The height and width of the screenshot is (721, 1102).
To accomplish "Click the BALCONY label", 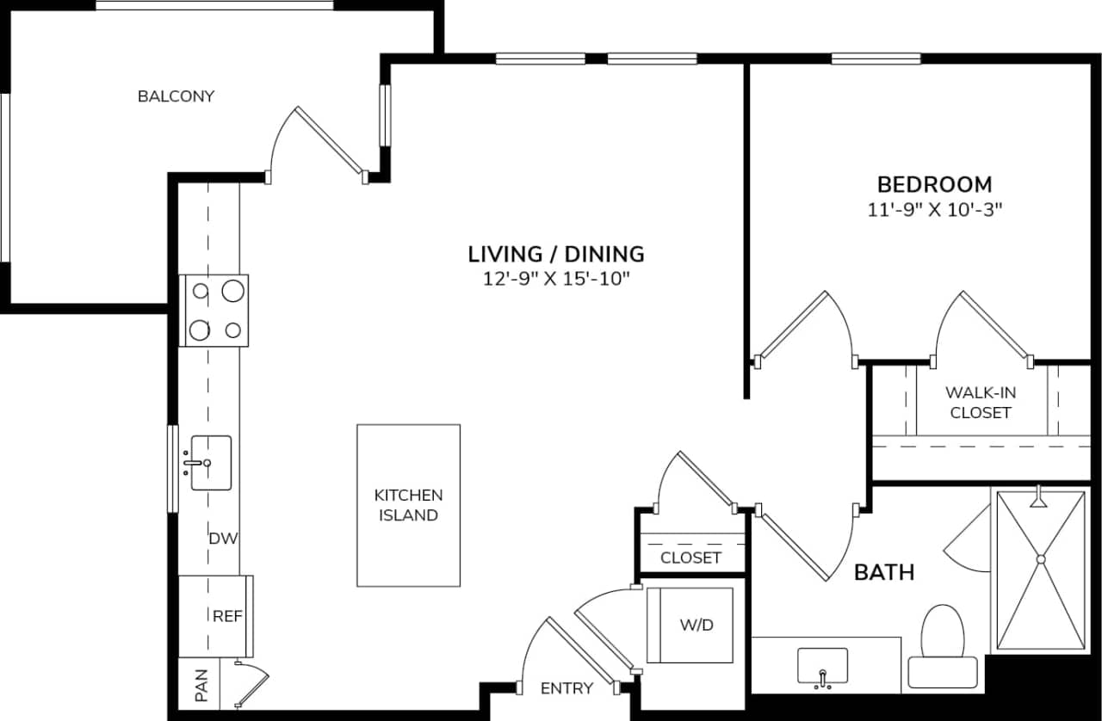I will pyautogui.click(x=176, y=96).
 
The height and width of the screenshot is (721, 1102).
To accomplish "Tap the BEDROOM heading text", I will pyautogui.click(x=934, y=184).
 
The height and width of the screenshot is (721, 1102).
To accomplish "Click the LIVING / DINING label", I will pyautogui.click(x=555, y=254).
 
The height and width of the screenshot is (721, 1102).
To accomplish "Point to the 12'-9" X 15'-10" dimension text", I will pyautogui.click(x=555, y=278).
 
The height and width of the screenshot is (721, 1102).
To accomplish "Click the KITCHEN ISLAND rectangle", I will pyautogui.click(x=408, y=505).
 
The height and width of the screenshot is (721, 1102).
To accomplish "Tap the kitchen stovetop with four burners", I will pyautogui.click(x=214, y=311).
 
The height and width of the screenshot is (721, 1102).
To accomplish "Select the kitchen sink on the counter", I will pyautogui.click(x=210, y=463).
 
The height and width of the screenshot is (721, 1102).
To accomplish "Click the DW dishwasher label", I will pyautogui.click(x=223, y=539).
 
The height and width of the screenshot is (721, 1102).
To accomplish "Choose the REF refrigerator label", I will pyautogui.click(x=226, y=616).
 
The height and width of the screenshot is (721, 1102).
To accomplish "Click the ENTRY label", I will pyautogui.click(x=566, y=688).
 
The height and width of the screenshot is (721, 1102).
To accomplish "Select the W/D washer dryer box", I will pyautogui.click(x=690, y=625).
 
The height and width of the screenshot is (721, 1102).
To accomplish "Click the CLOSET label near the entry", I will pyautogui.click(x=690, y=558).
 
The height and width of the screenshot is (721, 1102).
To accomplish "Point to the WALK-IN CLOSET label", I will pyautogui.click(x=981, y=403).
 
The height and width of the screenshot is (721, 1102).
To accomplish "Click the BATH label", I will pyautogui.click(x=884, y=572).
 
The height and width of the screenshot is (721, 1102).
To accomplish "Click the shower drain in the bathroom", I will pyautogui.click(x=1040, y=559).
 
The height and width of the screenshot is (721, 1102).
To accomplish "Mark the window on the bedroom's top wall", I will pyautogui.click(x=876, y=59).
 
